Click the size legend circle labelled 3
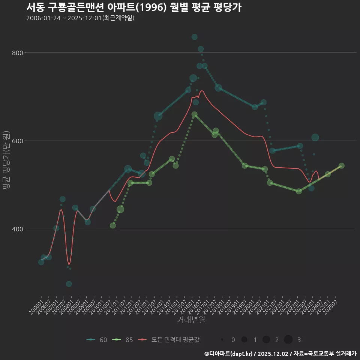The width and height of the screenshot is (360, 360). coord(288,340)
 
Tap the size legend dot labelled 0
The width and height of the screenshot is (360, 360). coord(222,340)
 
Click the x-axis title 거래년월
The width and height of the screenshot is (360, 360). coord(191,320)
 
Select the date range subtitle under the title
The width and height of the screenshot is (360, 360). coord(80,18)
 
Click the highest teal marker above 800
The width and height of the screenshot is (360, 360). coord(194,37)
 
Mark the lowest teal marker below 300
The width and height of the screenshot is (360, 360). coord(69,284)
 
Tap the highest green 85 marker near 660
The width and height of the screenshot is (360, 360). coord(194,114)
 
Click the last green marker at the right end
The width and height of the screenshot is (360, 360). coord(341,166)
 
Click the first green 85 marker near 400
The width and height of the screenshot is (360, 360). coord(113,225)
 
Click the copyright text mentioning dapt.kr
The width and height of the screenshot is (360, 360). coord(280,354)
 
